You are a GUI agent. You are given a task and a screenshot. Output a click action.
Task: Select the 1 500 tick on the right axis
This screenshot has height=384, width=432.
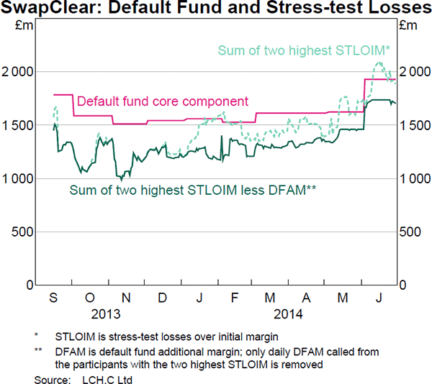415,125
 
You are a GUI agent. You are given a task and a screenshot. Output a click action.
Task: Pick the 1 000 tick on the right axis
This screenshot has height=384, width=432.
415,178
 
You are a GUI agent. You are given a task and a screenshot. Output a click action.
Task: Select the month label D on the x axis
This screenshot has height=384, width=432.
163,298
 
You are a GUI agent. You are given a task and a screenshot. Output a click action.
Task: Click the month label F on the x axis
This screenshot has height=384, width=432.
234,298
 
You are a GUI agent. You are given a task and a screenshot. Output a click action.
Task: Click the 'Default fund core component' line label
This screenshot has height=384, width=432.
162,101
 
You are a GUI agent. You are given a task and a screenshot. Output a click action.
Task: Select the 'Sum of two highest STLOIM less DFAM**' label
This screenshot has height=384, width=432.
193,190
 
